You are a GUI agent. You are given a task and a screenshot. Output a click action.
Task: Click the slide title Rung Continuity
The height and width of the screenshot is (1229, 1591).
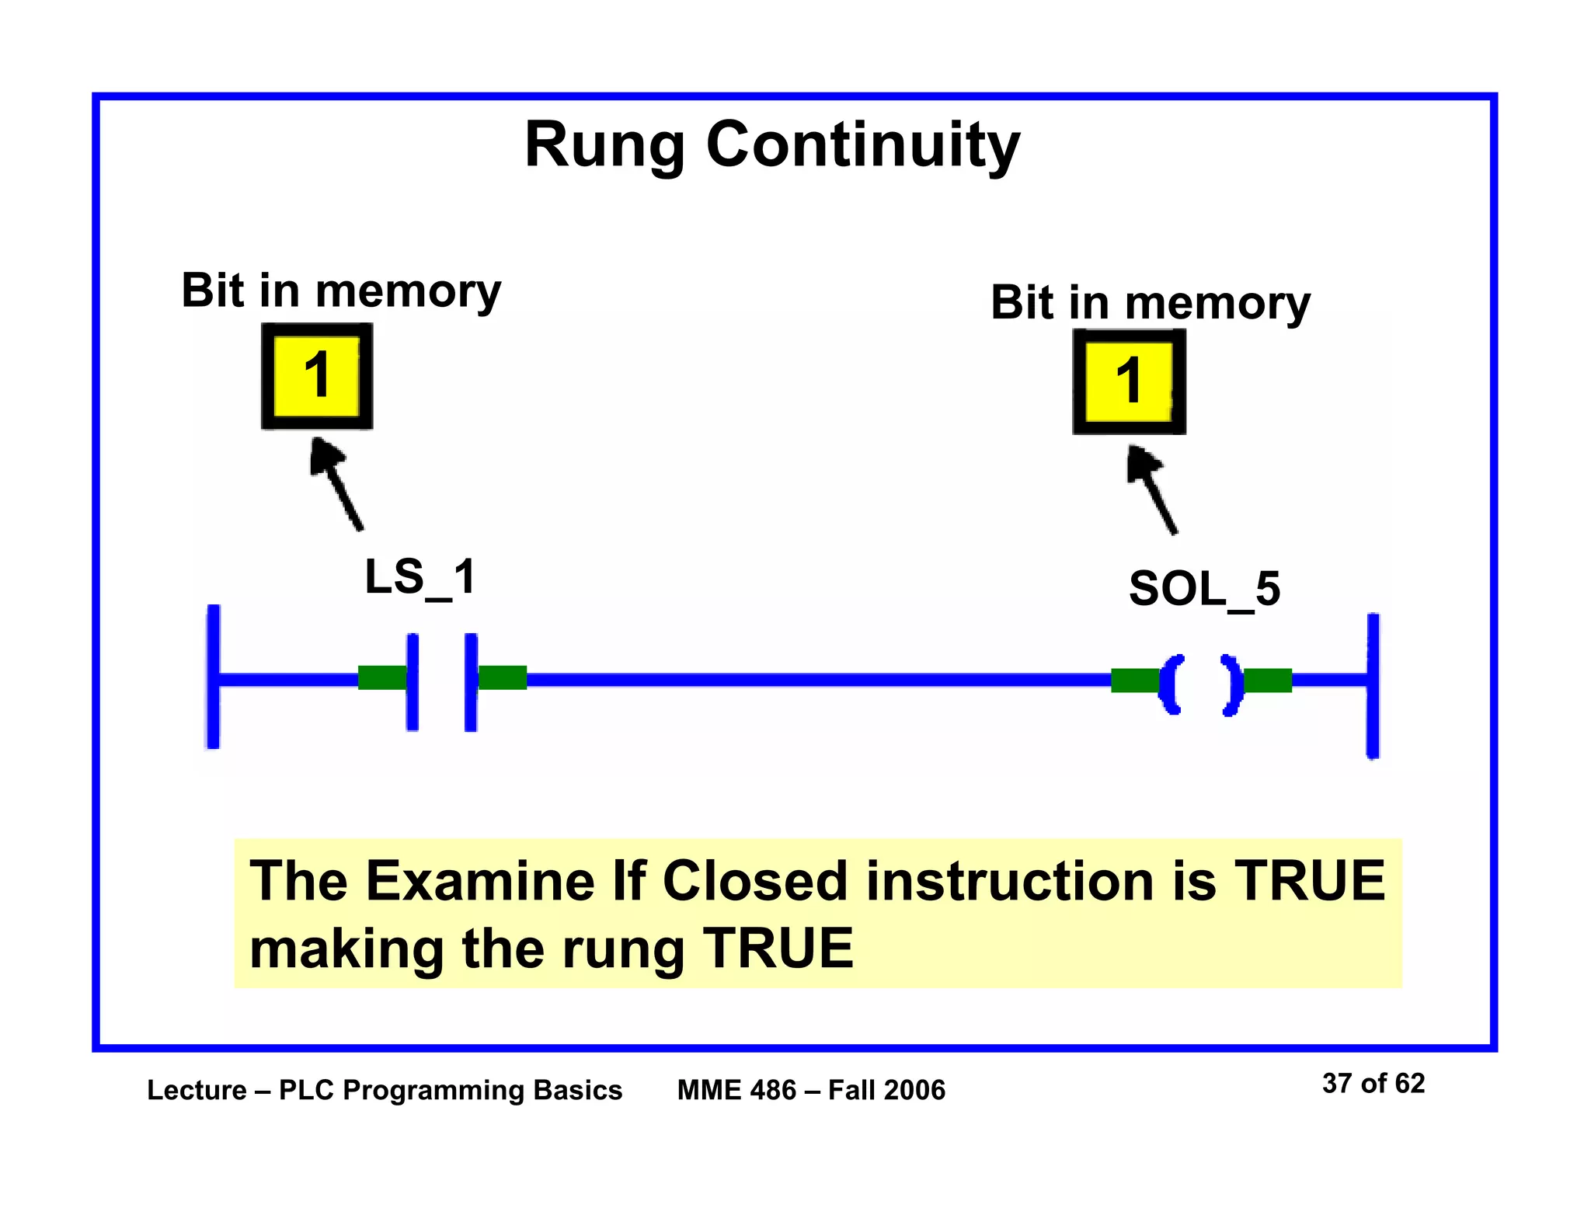[x=771, y=145]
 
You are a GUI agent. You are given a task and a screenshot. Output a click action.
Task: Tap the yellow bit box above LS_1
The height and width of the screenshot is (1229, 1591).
[x=317, y=376]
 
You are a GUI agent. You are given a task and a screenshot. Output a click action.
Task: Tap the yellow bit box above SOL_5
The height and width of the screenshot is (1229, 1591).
[x=1129, y=381]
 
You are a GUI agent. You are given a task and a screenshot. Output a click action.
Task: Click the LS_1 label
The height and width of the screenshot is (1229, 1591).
[x=420, y=578]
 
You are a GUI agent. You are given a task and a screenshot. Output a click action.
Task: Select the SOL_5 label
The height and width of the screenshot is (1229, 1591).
[x=1204, y=590]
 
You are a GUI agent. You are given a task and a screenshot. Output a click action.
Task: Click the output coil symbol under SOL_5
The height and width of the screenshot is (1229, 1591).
[x=1200, y=684]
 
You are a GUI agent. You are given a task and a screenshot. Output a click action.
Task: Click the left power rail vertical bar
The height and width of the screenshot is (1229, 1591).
[x=213, y=676]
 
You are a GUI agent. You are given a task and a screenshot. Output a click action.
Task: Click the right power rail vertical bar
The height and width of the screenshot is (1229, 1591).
[x=1373, y=685]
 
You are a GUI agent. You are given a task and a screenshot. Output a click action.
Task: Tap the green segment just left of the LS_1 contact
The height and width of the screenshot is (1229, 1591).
[x=381, y=677]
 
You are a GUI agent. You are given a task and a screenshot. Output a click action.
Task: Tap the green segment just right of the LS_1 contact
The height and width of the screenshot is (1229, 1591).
[x=503, y=677]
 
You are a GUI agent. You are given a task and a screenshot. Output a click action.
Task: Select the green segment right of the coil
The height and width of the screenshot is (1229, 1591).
[x=1268, y=681]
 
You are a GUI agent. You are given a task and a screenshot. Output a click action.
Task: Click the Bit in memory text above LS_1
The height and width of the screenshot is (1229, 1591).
[x=341, y=291]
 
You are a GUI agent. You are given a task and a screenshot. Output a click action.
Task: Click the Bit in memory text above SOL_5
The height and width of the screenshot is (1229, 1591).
[x=1150, y=302]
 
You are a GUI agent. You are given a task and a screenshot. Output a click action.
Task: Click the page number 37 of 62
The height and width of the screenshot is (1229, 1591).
[x=1373, y=1083]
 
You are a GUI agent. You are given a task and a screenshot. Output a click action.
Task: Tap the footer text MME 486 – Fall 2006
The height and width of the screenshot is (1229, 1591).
[x=811, y=1090]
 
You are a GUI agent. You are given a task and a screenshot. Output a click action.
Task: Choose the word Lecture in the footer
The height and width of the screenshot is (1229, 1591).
[x=197, y=1090]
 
